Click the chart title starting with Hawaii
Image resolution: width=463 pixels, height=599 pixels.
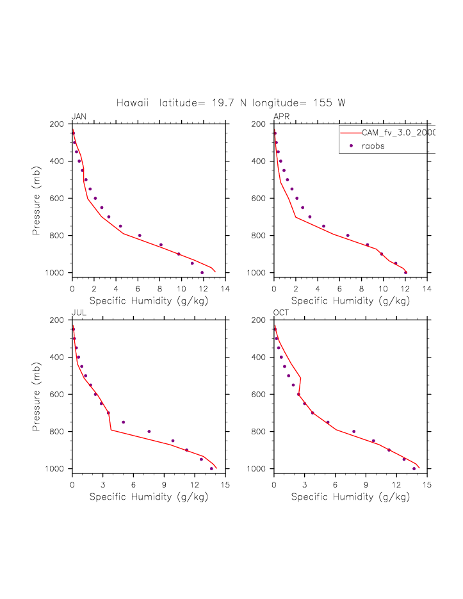coord(231,103)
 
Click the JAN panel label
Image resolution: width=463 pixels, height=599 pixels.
coord(79,116)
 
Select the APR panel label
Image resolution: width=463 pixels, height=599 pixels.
coord(281,116)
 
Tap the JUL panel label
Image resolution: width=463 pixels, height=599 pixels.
coord(79,312)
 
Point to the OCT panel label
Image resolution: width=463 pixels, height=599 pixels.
coord(281,312)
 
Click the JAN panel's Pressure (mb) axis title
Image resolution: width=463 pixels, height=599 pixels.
coord(37,198)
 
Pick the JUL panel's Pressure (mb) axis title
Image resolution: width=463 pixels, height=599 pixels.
coord(37,394)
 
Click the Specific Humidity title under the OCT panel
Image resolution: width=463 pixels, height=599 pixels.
coord(350,496)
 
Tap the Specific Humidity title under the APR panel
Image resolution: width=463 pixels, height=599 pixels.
coord(350,300)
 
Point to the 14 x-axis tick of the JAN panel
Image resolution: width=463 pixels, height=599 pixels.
coord(225,290)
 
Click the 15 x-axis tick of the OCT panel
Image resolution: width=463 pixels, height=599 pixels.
coord(427,486)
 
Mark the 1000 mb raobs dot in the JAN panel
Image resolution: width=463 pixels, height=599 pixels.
coord(202,272)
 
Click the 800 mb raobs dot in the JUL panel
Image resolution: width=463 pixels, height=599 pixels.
coord(149,431)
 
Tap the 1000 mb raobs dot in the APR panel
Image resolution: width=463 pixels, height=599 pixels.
coord(405,272)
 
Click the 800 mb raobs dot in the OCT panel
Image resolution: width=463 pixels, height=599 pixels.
coord(354,431)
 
